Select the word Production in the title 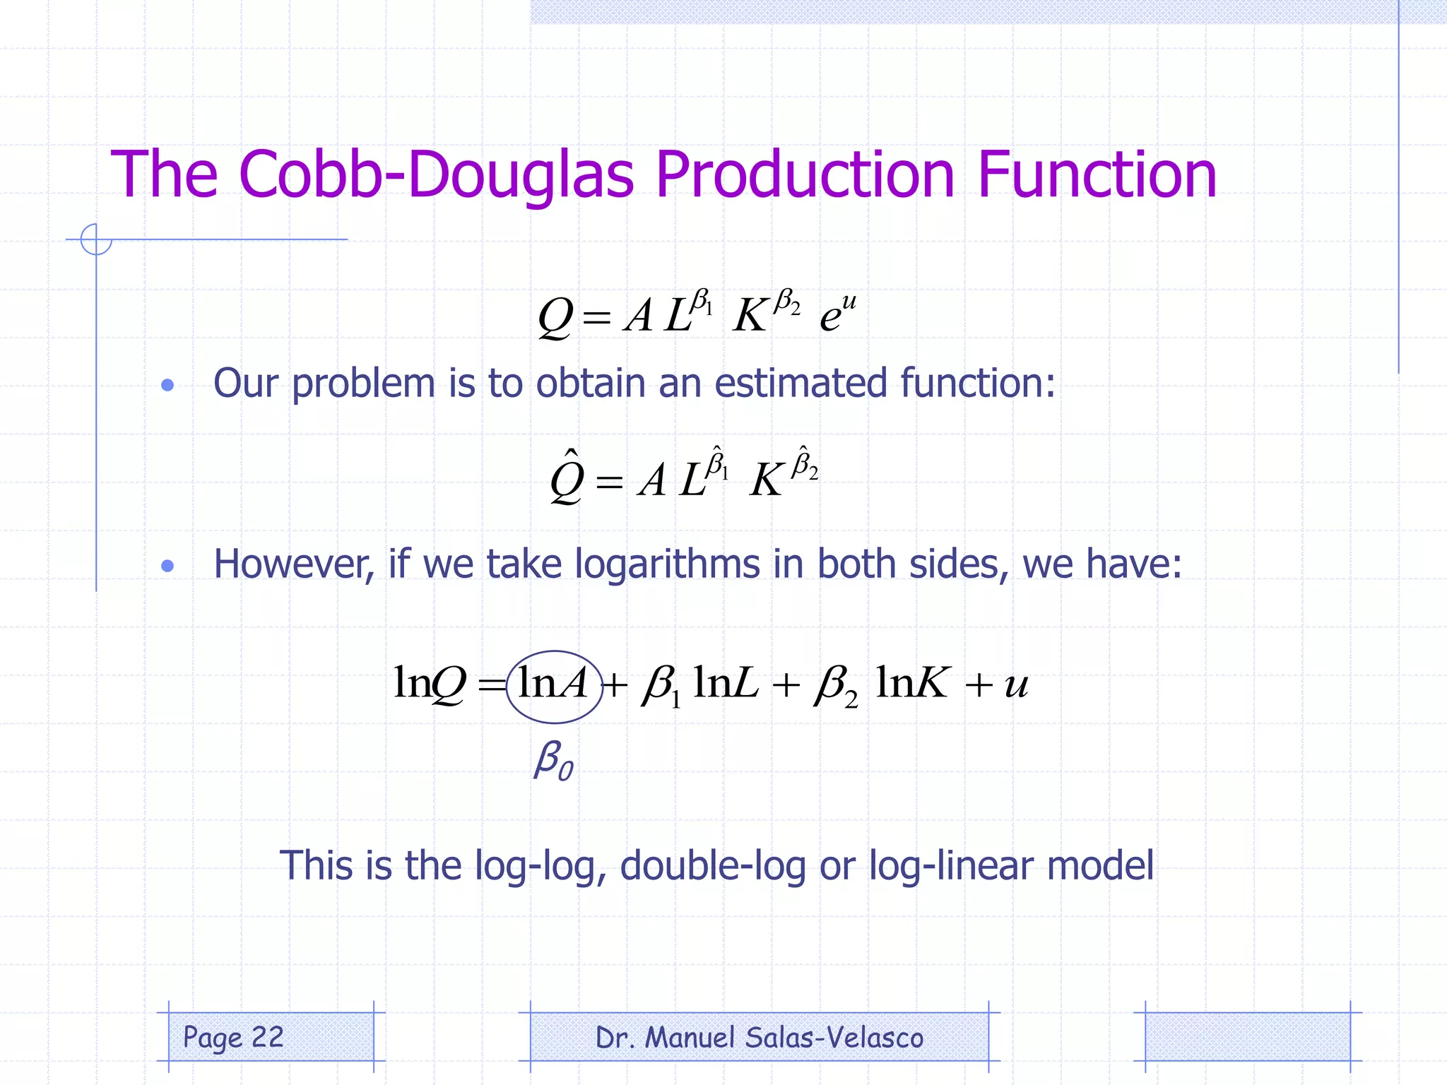click(805, 174)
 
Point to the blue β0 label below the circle click(553, 760)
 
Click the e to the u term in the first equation click(838, 312)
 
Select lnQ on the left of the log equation click(429, 684)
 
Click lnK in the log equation click(911, 684)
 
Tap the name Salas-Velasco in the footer click(834, 1038)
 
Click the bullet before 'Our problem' click(167, 385)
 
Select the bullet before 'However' click(167, 566)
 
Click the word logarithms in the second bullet click(666, 565)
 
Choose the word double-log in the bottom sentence click(712, 865)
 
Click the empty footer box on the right click(1247, 1037)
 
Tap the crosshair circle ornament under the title click(96, 239)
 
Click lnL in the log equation click(726, 684)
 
